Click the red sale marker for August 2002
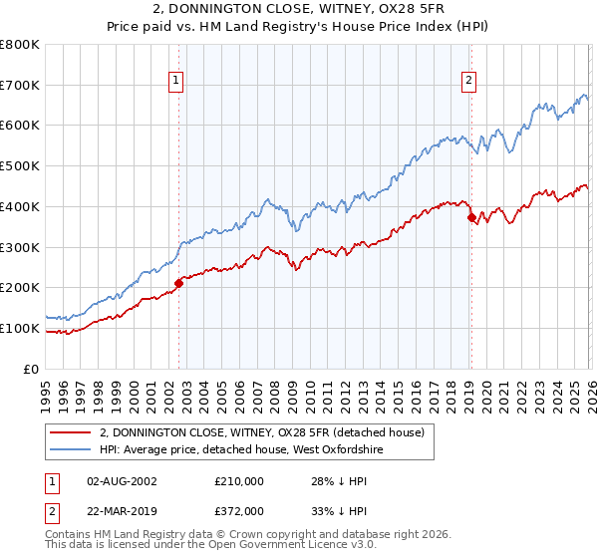point(179,283)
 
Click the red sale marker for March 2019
point(471,217)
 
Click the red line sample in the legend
point(71,432)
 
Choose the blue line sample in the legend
point(71,449)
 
